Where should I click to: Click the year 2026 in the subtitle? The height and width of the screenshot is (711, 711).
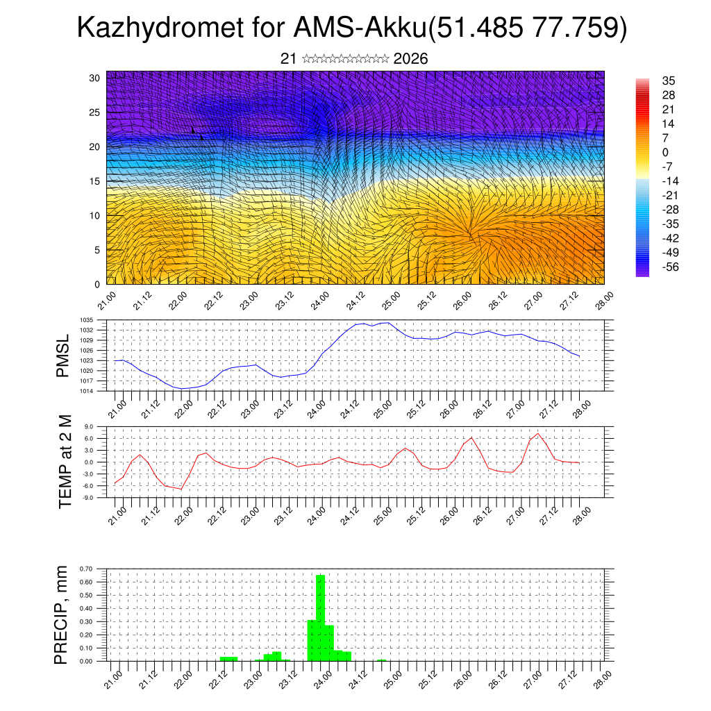pyautogui.click(x=410, y=59)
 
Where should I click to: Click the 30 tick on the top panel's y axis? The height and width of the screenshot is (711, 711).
pyautogui.click(x=95, y=78)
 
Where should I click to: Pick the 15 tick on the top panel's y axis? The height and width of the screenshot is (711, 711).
pyautogui.click(x=95, y=181)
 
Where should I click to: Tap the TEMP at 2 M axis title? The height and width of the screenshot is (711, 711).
pyautogui.click(x=65, y=461)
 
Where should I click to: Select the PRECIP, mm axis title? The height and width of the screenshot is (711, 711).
pyautogui.click(x=63, y=614)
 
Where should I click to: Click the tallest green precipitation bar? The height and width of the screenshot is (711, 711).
pyautogui.click(x=321, y=618)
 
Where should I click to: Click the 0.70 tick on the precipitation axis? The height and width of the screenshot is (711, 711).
pyautogui.click(x=86, y=569)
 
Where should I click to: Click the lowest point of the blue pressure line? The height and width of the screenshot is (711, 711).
pyautogui.click(x=182, y=388)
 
